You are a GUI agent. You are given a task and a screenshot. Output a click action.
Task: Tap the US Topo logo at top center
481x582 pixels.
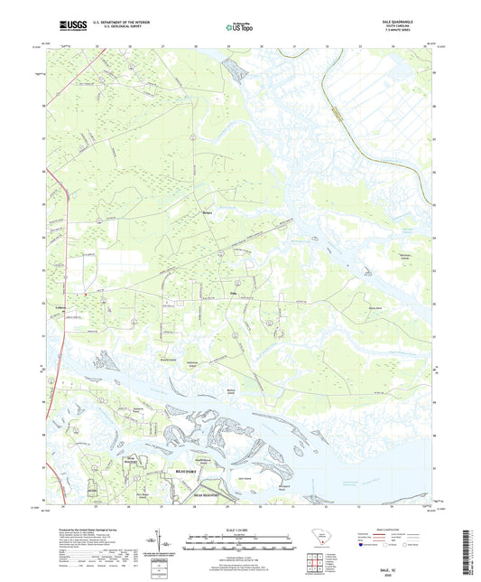(240, 28)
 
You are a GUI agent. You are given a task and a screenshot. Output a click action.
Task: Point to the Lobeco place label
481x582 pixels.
(61, 306)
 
